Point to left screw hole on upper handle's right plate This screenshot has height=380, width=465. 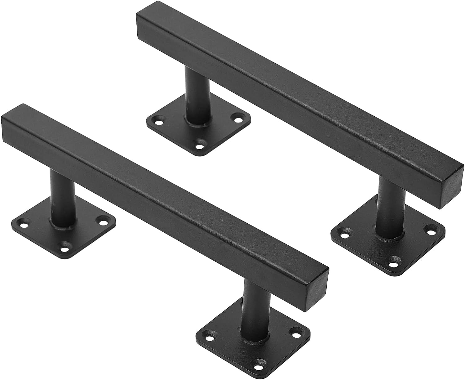[x=343, y=231]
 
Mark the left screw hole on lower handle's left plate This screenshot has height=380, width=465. [x=24, y=222]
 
